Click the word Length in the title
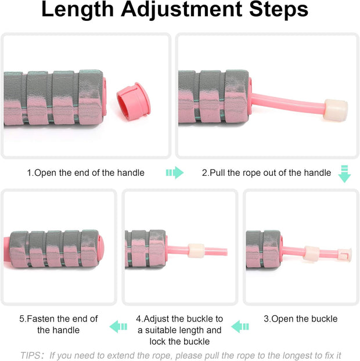coord(81,10)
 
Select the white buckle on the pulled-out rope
coord(336,109)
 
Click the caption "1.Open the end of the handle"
coord(85,172)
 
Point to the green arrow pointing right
coord(174,172)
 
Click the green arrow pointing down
coord(344,174)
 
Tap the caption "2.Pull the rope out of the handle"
coord(267,172)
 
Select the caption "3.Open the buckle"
coord(300,319)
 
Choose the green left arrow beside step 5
coord(118,326)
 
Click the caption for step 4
coord(179,330)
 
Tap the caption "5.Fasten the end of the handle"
coord(59,324)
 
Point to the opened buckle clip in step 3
coord(345,254)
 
